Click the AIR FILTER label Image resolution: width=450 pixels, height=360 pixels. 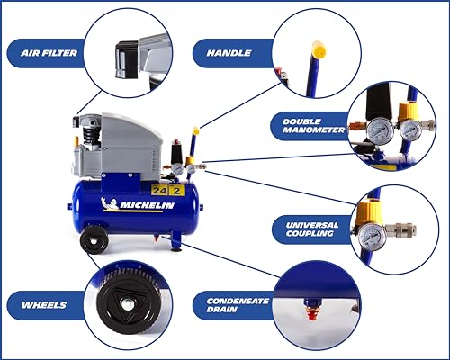(x=49, y=53)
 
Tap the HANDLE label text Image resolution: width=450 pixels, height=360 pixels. (x=229, y=53)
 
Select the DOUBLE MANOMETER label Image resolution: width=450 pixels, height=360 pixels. (x=313, y=126)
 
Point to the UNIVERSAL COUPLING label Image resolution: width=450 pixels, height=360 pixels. (x=312, y=229)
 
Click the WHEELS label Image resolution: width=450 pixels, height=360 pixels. (x=44, y=305)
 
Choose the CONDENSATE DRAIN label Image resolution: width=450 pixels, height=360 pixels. (x=238, y=305)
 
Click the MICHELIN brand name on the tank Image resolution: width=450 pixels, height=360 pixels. (x=147, y=205)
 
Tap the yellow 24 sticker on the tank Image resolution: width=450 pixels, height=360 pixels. (x=159, y=191)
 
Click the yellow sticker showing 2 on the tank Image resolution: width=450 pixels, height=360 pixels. (x=176, y=191)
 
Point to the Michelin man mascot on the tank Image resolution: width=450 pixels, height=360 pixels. (x=109, y=204)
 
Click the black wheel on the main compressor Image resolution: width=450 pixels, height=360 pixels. (x=94, y=239)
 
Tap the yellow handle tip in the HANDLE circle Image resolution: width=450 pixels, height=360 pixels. (x=319, y=49)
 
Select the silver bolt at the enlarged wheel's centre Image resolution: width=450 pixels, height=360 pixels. (x=129, y=305)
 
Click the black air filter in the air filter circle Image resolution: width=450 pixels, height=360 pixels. (x=127, y=60)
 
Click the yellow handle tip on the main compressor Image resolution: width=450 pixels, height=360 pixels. (x=196, y=131)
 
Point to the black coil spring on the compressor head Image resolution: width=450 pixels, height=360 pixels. (x=89, y=133)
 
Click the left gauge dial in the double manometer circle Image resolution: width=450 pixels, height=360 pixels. (x=377, y=131)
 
